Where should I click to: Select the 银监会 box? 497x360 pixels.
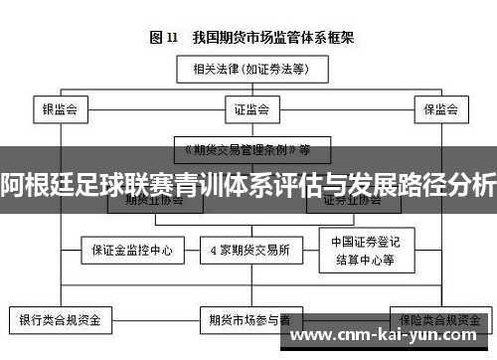coord(60,107)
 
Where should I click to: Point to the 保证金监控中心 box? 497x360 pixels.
coord(132,250)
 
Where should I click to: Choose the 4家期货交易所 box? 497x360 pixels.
coord(250,250)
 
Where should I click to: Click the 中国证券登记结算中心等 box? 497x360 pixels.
coord(364,250)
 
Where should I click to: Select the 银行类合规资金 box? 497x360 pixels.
coord(60,320)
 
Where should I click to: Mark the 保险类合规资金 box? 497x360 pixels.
coord(438,320)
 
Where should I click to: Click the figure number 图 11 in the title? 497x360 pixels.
coord(163,38)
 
